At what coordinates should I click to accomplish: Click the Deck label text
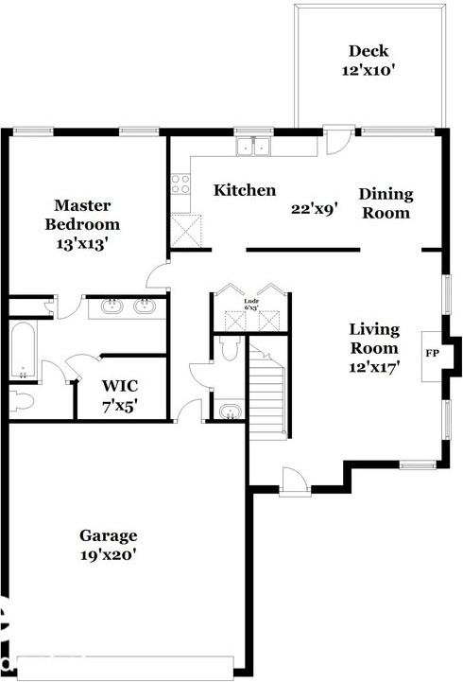(368, 51)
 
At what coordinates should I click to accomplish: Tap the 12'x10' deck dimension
(368, 70)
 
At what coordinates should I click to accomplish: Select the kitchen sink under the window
(253, 147)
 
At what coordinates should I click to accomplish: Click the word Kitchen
(245, 191)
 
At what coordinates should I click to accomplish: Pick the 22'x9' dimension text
(314, 209)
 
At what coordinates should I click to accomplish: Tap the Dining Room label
(386, 203)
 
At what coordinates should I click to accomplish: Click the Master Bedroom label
(87, 215)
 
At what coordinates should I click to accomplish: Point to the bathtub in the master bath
(22, 350)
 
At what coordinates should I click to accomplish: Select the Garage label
(109, 535)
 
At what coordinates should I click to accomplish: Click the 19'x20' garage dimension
(109, 555)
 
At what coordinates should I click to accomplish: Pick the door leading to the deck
(336, 141)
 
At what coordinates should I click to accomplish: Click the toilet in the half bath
(227, 350)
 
